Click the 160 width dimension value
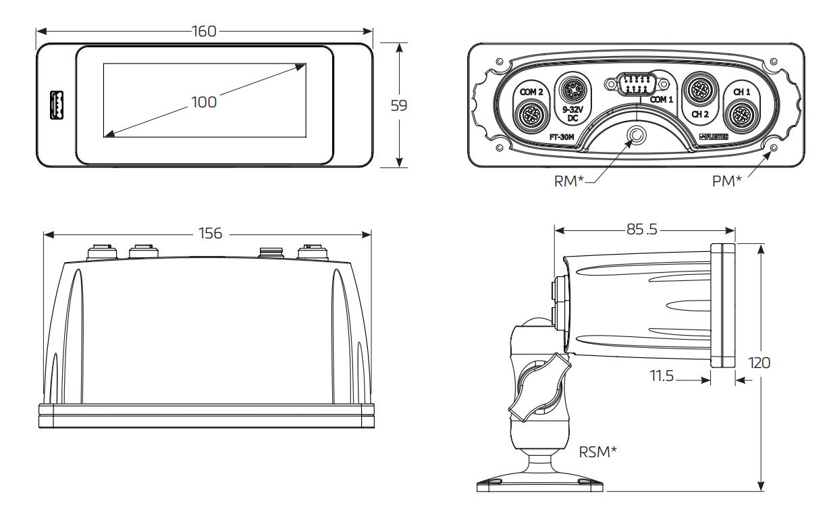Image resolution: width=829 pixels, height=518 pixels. tap(203, 31)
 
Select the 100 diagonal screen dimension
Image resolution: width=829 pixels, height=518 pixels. tap(203, 102)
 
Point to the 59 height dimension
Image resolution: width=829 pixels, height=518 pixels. tap(400, 105)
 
